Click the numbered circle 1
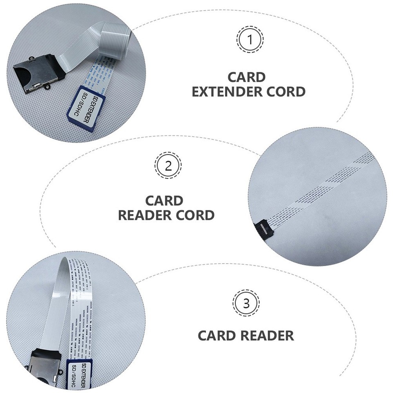pyautogui.click(x=250, y=39)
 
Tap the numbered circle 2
pyautogui.click(x=168, y=165)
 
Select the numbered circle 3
pyautogui.click(x=246, y=303)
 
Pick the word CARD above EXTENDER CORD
pyautogui.click(x=246, y=77)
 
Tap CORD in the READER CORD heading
pyautogui.click(x=196, y=215)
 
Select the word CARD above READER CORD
pyautogui.click(x=164, y=201)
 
